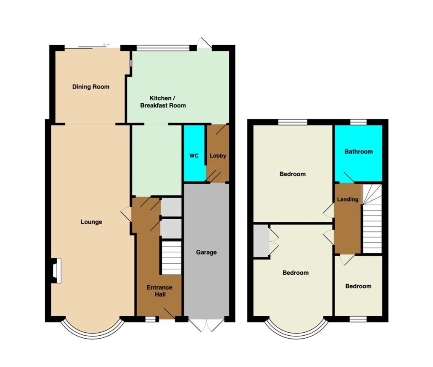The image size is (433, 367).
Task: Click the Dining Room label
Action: (90, 87)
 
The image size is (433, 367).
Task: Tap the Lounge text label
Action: (91, 222)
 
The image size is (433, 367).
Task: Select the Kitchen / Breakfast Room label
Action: (163, 102)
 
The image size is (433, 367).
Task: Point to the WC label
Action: (194, 156)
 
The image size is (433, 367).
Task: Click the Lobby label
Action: (218, 156)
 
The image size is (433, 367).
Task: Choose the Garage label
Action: (206, 252)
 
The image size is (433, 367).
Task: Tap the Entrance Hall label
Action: (159, 291)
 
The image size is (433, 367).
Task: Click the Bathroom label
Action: (359, 152)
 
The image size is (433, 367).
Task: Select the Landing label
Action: (348, 199)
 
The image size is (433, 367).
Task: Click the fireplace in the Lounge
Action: (56, 270)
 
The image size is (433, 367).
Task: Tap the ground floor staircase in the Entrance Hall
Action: (171, 258)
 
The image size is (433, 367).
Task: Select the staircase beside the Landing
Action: (372, 218)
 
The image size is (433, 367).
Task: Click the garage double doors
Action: (206, 325)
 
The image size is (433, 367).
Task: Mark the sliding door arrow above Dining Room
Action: (106, 44)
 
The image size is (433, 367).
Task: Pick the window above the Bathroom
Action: (359, 122)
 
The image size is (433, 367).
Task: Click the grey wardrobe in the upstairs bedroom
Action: (261, 241)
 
